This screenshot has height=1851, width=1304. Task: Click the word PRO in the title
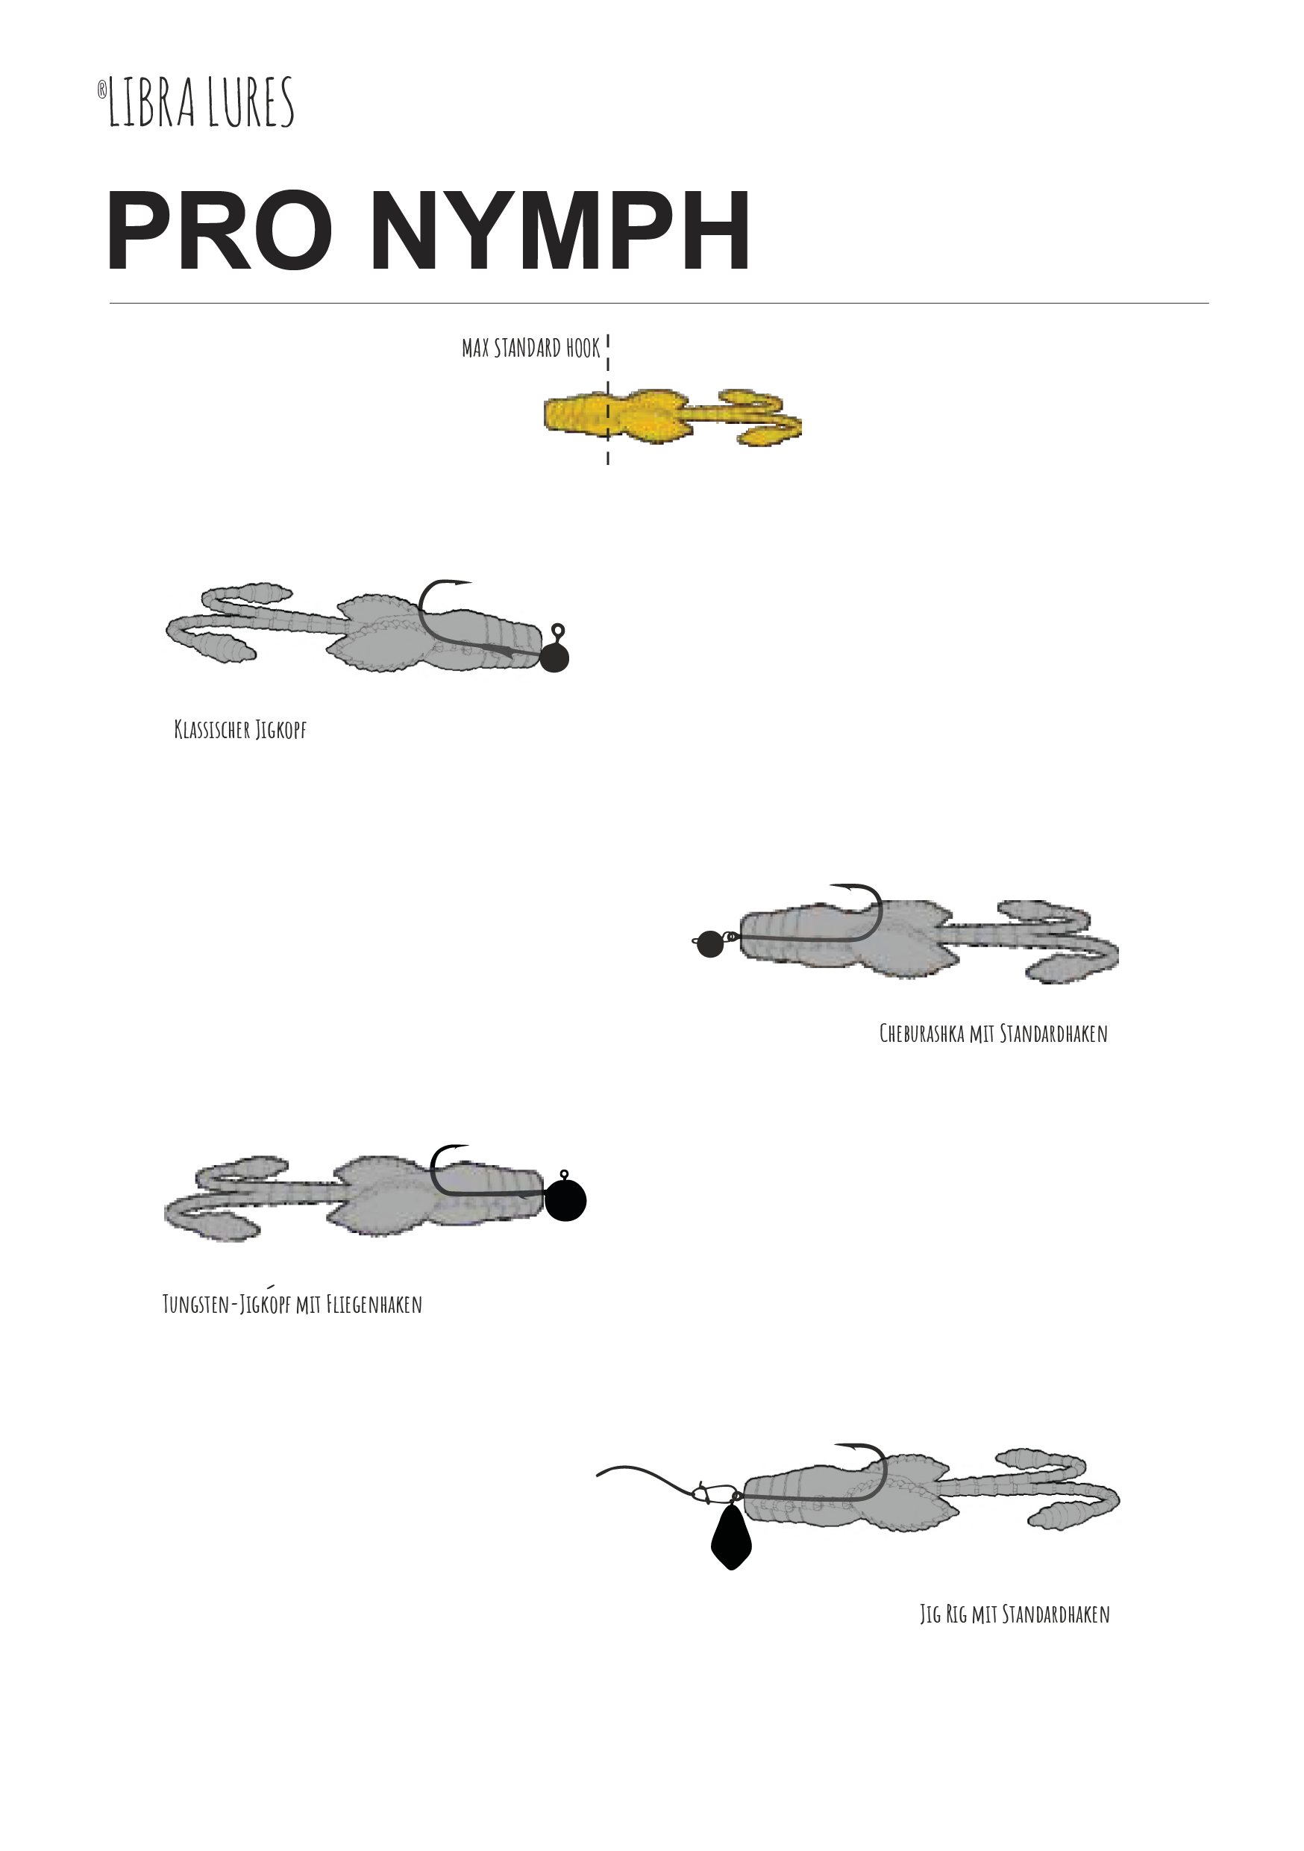point(219,231)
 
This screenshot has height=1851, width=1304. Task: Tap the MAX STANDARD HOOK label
point(531,349)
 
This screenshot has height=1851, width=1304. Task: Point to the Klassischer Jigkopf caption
point(240,730)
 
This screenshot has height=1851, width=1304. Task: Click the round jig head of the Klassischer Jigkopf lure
point(554,658)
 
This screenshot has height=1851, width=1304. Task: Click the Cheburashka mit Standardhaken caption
point(993,1034)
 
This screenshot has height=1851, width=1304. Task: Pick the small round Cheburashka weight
point(710,944)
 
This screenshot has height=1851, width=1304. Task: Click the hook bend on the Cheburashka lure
point(874,915)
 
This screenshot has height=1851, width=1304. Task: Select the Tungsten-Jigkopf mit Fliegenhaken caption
point(292,1304)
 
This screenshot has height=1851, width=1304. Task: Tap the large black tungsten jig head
point(565,1200)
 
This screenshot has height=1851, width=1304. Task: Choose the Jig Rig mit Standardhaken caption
point(1015,1614)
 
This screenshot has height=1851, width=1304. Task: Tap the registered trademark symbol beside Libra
point(102,90)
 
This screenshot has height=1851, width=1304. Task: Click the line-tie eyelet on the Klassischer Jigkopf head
point(558,630)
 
